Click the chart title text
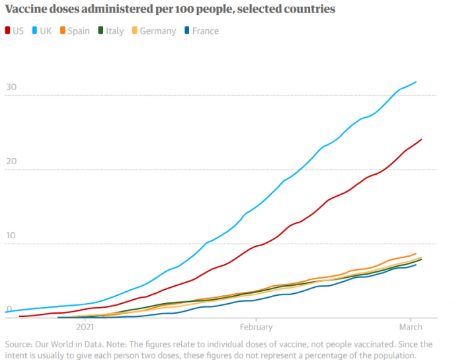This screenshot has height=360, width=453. (170, 10)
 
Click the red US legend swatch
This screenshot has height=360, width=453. (9, 31)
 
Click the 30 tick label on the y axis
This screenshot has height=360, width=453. (11, 87)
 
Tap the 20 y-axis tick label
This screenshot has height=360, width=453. (11, 161)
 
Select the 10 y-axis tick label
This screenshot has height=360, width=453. (11, 236)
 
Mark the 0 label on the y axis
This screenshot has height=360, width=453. (9, 310)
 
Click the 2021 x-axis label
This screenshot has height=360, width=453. (85, 327)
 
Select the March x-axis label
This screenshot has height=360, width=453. (411, 327)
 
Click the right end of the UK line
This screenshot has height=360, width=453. (416, 82)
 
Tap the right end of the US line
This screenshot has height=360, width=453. (421, 140)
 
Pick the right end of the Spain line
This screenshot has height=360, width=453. (416, 253)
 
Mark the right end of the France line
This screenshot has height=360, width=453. (415, 265)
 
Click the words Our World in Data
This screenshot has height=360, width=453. (67, 345)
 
